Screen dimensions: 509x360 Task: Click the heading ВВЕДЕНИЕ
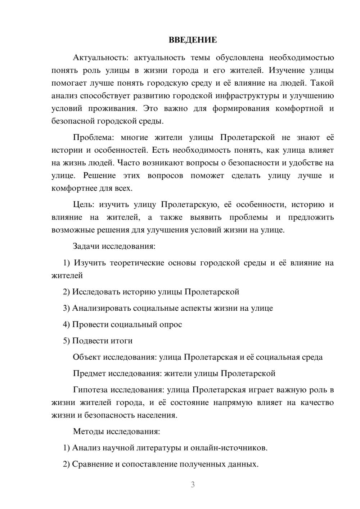pyautogui.click(x=193, y=40)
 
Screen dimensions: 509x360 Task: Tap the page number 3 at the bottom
pyautogui.click(x=193, y=485)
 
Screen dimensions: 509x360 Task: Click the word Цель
pyautogui.click(x=84, y=205)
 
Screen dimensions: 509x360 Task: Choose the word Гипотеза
pyautogui.click(x=90, y=390)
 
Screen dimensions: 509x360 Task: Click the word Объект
pyautogui.click(x=87, y=357)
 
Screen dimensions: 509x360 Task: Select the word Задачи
pyautogui.click(x=86, y=247)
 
